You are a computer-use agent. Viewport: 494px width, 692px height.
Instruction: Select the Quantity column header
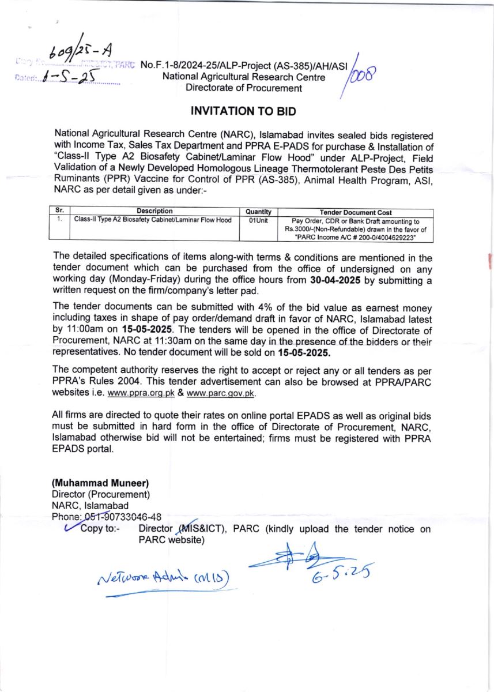(258, 212)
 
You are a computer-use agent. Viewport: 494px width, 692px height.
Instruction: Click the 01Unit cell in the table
(258, 220)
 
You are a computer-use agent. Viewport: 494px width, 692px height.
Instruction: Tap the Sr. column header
(57, 212)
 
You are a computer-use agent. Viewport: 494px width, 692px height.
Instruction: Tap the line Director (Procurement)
(101, 494)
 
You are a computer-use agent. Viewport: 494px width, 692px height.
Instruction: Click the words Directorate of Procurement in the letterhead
(243, 88)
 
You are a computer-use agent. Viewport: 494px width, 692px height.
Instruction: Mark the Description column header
(154, 212)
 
